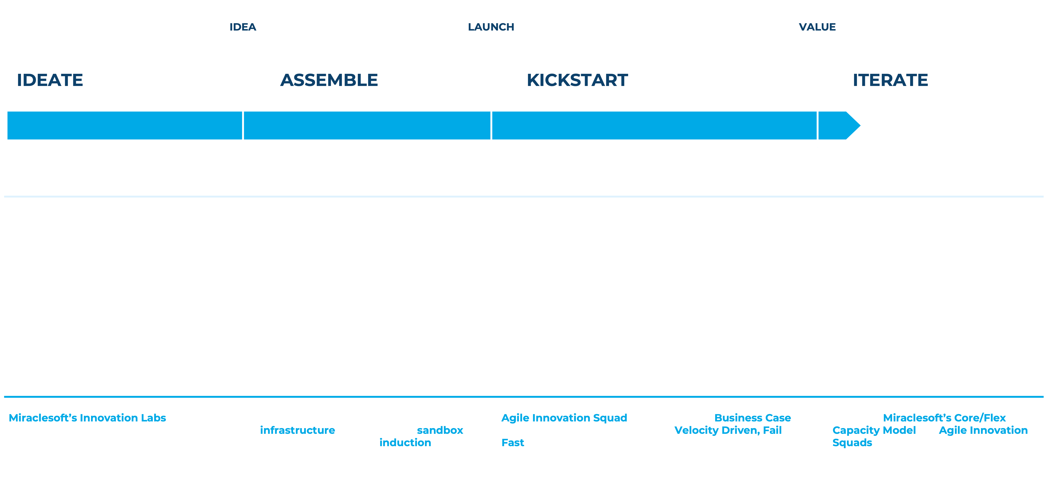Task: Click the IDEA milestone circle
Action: [243, 27]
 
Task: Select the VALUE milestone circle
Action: [817, 27]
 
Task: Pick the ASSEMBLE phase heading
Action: [329, 80]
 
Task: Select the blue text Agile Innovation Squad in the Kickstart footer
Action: [564, 418]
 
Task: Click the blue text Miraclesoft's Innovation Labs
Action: [87, 418]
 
